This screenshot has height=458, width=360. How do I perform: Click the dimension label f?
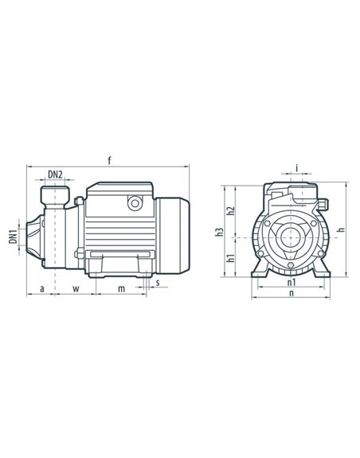click(x=109, y=160)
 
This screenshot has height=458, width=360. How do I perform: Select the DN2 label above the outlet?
click(x=55, y=175)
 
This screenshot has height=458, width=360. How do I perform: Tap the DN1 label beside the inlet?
click(x=13, y=237)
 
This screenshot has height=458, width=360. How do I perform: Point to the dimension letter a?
click(x=42, y=289)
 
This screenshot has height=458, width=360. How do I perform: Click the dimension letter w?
click(x=76, y=289)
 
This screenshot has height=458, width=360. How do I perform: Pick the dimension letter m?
click(x=121, y=289)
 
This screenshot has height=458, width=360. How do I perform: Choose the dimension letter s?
click(x=158, y=283)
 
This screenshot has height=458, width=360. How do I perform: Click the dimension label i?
click(x=296, y=169)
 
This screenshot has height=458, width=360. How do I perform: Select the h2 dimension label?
click(x=231, y=210)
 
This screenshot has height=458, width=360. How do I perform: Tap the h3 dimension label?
click(x=220, y=232)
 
